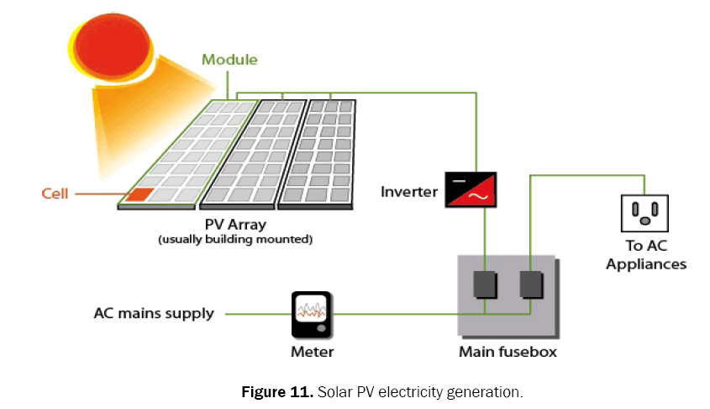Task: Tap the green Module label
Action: tap(229, 61)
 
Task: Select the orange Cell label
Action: tap(55, 194)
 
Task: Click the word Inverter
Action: tap(409, 192)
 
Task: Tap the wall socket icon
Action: tap(644, 212)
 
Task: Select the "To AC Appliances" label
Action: tap(645, 255)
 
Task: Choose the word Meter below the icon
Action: tap(312, 352)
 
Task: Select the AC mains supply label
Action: tap(154, 314)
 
